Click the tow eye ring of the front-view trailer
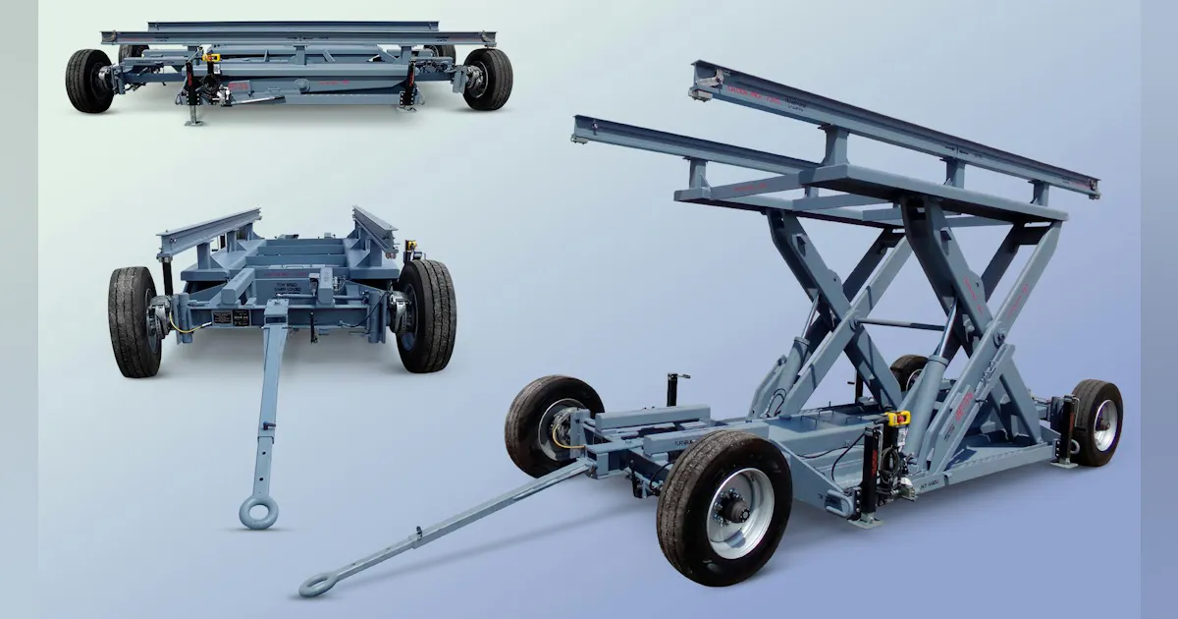(x=258, y=512)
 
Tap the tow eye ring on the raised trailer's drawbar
(x=317, y=586)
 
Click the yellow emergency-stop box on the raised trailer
(x=898, y=418)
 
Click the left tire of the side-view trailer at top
(x=88, y=80)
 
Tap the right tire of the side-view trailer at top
(x=488, y=79)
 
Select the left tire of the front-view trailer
(x=134, y=321)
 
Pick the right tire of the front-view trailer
(x=426, y=315)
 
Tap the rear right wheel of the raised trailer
(x=1097, y=422)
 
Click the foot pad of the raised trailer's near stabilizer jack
(x=865, y=522)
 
